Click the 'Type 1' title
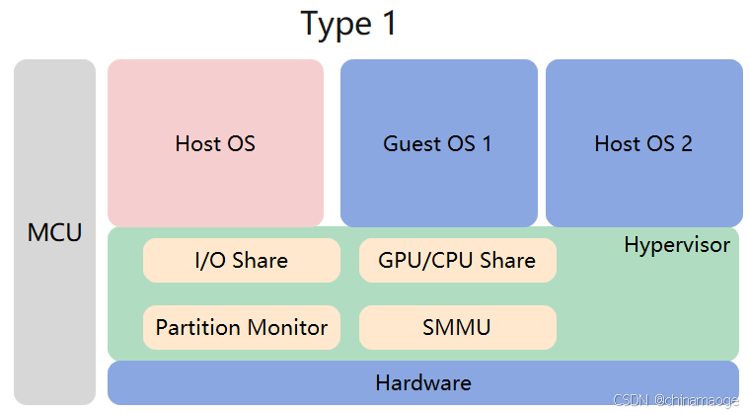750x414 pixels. point(348,24)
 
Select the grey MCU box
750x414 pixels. point(54,233)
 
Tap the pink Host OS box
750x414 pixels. point(215,143)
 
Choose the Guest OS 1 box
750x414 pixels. point(438,143)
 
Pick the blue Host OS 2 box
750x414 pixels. point(643,143)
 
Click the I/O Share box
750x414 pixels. point(241,261)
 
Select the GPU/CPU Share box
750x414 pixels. point(457,261)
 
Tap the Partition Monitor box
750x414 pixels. point(241,327)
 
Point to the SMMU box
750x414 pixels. point(457,327)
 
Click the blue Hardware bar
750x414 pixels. point(422,382)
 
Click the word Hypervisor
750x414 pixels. point(677,245)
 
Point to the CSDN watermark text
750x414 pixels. point(676,400)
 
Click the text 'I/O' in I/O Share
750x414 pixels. point(210,261)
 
